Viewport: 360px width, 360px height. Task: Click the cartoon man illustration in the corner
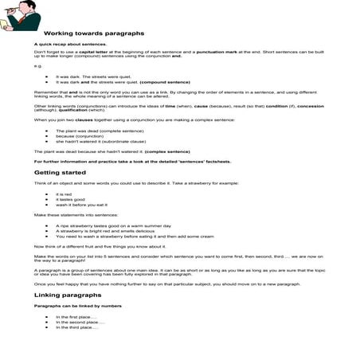(x=20, y=14)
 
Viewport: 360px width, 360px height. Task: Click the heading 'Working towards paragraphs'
(x=93, y=33)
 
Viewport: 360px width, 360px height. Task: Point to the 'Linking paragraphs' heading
(x=67, y=295)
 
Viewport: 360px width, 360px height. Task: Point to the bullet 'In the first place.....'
(x=76, y=317)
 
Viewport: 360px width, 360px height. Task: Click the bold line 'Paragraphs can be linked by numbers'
(x=76, y=305)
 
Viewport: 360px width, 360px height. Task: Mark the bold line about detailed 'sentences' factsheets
(x=132, y=161)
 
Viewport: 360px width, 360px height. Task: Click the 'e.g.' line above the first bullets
(x=37, y=66)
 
